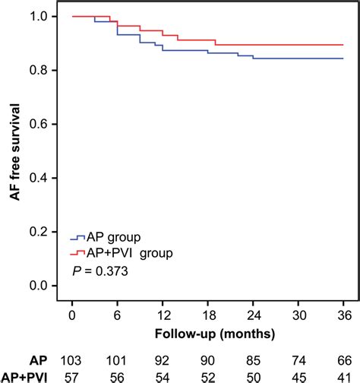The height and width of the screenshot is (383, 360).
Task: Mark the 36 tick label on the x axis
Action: pyautogui.click(x=343, y=314)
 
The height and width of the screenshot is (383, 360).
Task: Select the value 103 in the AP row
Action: pyautogui.click(x=71, y=357)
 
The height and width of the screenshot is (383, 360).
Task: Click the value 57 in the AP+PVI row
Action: pyautogui.click(x=71, y=375)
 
